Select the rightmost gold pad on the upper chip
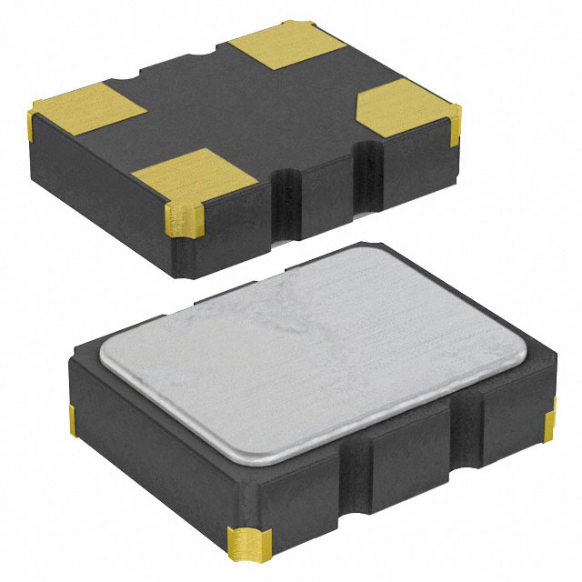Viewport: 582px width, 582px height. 405,107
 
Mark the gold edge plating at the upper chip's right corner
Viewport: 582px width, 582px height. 455,127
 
